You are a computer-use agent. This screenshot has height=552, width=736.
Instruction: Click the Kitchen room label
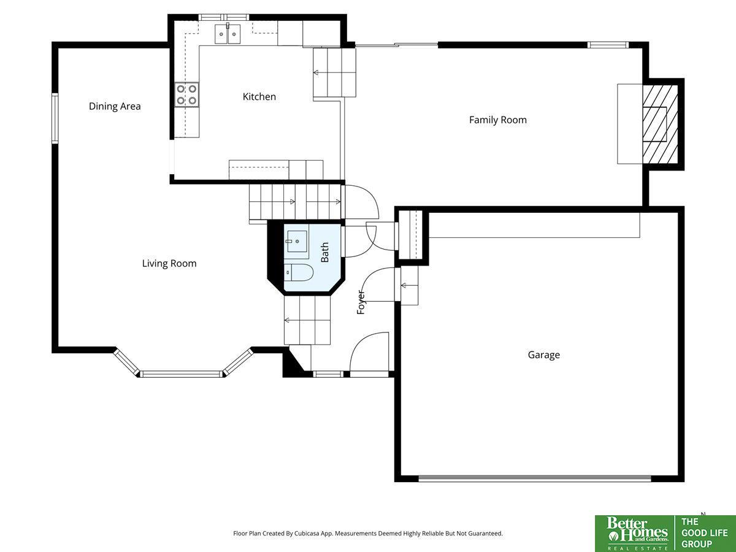259,97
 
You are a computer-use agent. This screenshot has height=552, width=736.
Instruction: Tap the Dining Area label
115,107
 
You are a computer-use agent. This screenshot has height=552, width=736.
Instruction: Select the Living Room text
169,264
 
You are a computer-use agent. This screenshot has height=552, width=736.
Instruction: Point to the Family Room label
497,120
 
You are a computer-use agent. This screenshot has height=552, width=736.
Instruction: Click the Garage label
544,355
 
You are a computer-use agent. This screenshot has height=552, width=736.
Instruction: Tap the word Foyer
361,302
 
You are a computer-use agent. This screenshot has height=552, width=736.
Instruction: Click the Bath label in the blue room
324,252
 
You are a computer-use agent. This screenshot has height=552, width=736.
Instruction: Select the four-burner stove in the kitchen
187,95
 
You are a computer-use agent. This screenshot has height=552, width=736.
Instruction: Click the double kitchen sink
228,34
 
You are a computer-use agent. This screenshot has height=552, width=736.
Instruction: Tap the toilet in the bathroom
299,272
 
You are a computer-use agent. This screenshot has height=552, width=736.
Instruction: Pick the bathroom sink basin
297,241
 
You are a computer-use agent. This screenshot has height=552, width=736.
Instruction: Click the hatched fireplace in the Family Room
660,124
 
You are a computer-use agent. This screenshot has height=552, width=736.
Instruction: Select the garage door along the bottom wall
535,478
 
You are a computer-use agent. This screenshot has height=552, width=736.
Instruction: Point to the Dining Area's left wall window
55,118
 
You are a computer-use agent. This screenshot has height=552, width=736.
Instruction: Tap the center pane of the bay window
181,374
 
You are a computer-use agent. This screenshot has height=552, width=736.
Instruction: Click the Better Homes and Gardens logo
635,533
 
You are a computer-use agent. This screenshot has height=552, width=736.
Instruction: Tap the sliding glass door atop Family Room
397,45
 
